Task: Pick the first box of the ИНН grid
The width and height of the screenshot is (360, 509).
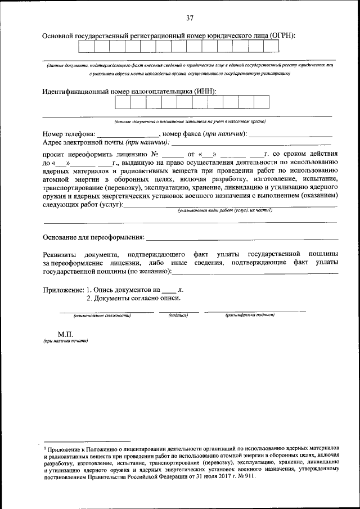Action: click(123, 102)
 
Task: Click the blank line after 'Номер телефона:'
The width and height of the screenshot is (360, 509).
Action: click(128, 134)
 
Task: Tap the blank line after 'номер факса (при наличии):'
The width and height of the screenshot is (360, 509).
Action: click(290, 134)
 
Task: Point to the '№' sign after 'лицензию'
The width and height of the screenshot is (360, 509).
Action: click(156, 154)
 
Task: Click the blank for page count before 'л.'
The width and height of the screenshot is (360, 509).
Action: click(168, 290)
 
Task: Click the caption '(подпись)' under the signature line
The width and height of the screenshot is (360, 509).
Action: click(178, 316)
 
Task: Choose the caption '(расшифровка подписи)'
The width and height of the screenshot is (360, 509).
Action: click(250, 316)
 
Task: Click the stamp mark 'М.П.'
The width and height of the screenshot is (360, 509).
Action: click(58, 334)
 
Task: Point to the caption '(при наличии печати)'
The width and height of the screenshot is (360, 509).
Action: click(65, 341)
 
